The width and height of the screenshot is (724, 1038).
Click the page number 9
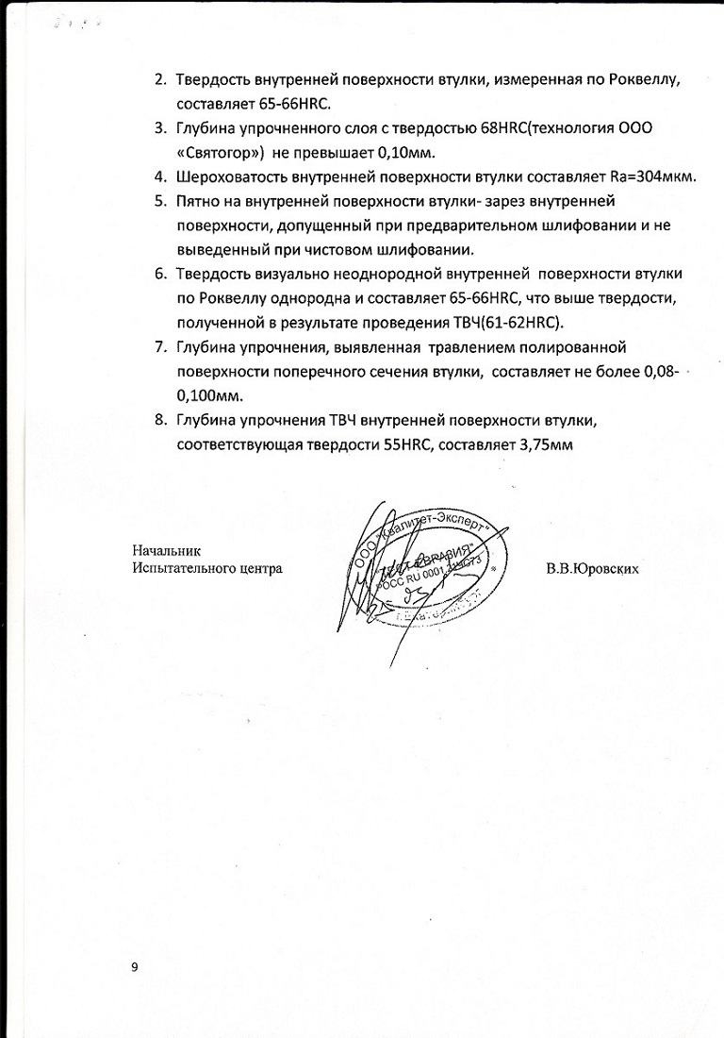click(x=135, y=967)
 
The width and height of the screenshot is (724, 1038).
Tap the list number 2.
click(x=160, y=78)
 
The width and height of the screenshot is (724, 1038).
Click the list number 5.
click(x=160, y=201)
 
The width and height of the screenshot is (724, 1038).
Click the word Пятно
click(x=201, y=201)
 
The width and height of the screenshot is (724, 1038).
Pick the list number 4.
click(x=160, y=176)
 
